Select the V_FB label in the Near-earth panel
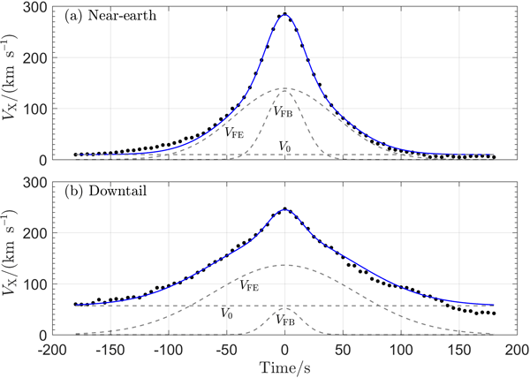tap(284, 112)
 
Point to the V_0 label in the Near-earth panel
tap(284, 146)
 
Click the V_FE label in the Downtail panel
tap(250, 285)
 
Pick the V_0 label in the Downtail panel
tap(227, 314)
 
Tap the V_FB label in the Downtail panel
tap(284, 320)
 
